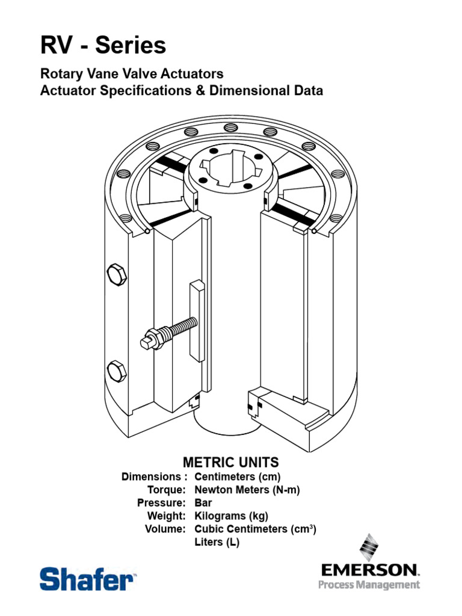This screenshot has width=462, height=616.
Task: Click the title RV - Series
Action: click(x=103, y=46)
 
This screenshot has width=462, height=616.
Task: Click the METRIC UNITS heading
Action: click(x=230, y=462)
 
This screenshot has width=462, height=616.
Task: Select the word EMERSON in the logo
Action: click(x=369, y=569)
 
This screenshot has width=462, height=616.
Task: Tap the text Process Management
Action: click(x=369, y=585)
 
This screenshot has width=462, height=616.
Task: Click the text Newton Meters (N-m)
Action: click(x=247, y=490)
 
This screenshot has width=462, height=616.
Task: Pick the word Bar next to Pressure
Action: click(x=203, y=503)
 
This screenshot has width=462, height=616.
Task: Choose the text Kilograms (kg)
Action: click(x=232, y=516)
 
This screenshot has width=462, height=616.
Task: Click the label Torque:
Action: click(x=166, y=490)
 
